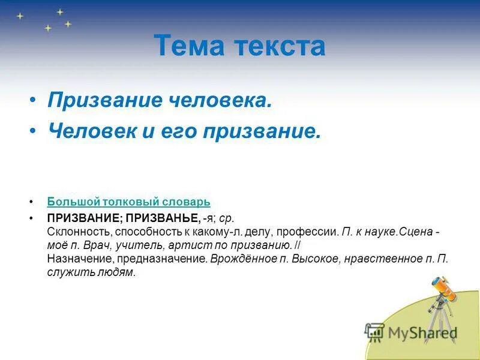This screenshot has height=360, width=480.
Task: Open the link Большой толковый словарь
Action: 128,202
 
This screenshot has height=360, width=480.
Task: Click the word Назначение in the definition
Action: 74,259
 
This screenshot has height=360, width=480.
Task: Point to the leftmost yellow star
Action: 20,16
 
